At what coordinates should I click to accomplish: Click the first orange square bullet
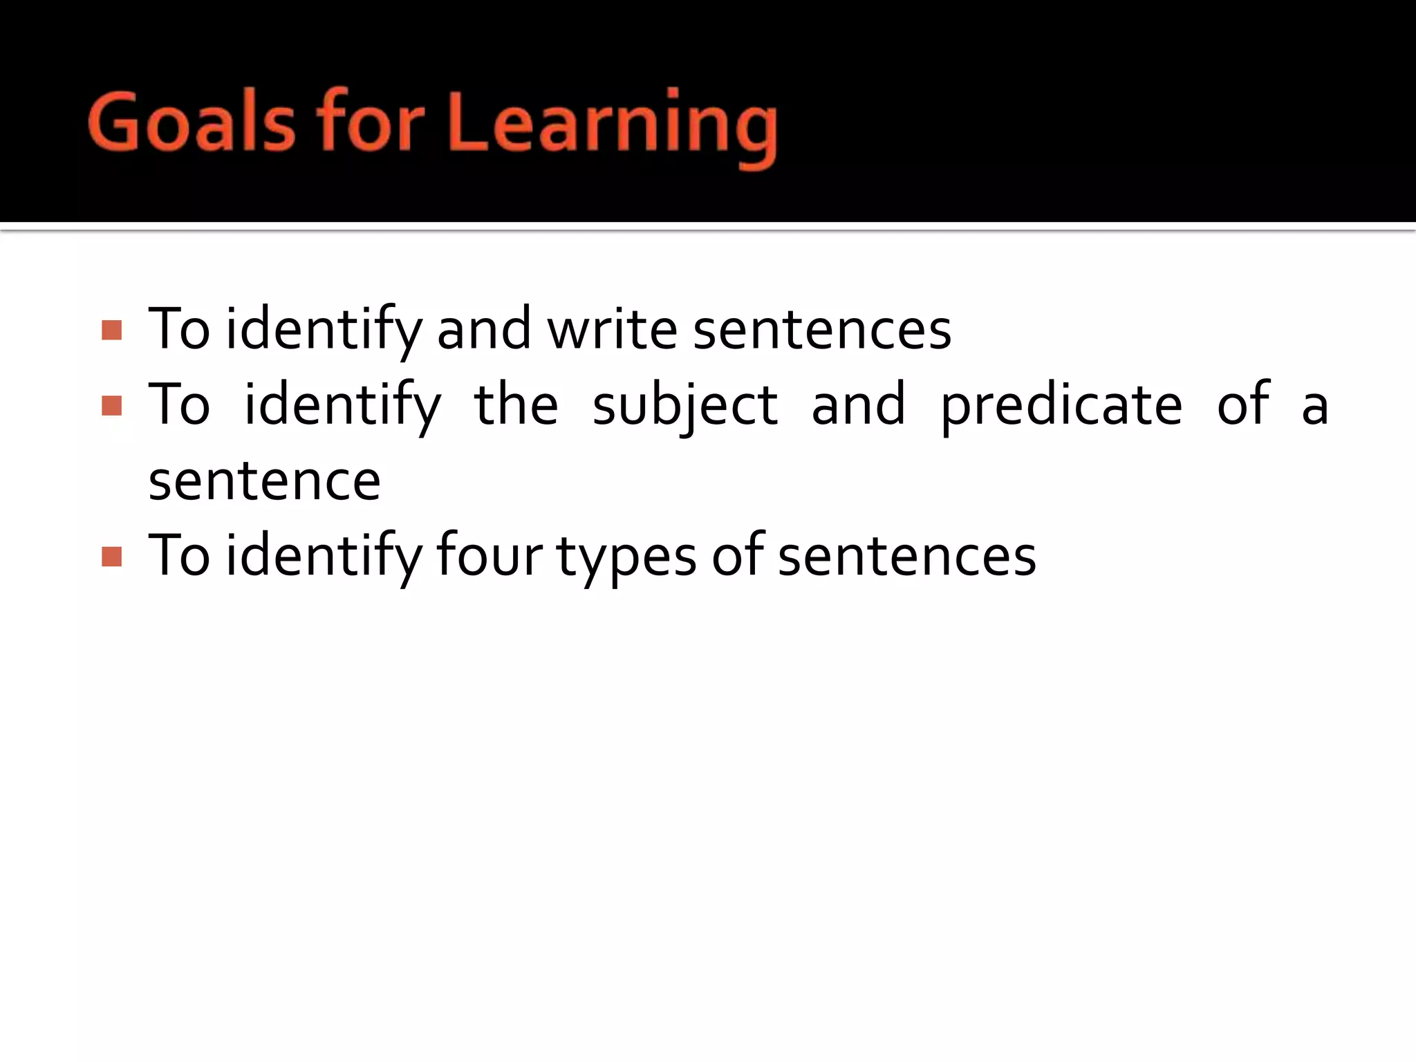111,330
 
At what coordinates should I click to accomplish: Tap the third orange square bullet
111,557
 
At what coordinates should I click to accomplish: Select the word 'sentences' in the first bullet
822,330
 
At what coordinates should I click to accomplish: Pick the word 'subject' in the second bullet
684,406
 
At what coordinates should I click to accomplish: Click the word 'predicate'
1061,406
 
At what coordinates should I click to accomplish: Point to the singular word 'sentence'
264,481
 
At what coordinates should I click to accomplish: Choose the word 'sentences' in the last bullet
907,557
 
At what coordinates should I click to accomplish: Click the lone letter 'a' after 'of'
1314,407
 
